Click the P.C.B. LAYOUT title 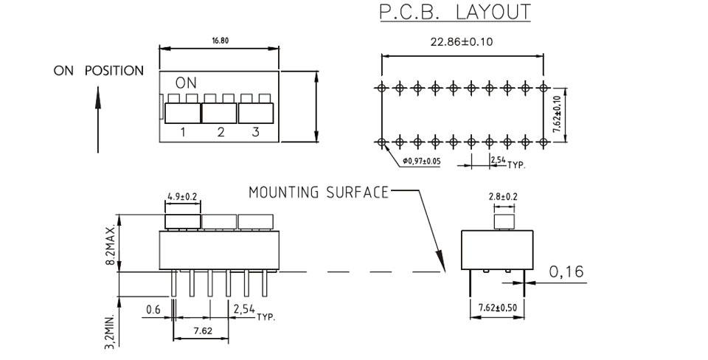pyautogui.click(x=455, y=12)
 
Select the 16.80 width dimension pyautogui.click(x=221, y=41)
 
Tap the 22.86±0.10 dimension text pyautogui.click(x=462, y=42)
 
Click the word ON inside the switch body pyautogui.click(x=186, y=83)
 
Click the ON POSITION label pyautogui.click(x=98, y=71)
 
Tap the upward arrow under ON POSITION pyautogui.click(x=97, y=120)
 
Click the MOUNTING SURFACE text pyautogui.click(x=319, y=193)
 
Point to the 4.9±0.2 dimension pyautogui.click(x=182, y=196)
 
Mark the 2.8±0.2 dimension pyautogui.click(x=503, y=197)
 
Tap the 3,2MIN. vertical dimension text pyautogui.click(x=110, y=330)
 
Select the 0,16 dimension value pyautogui.click(x=566, y=271)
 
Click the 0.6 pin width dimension pyautogui.click(x=153, y=310)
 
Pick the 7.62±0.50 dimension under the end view pyautogui.click(x=497, y=308)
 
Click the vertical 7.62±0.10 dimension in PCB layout pyautogui.click(x=557, y=115)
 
